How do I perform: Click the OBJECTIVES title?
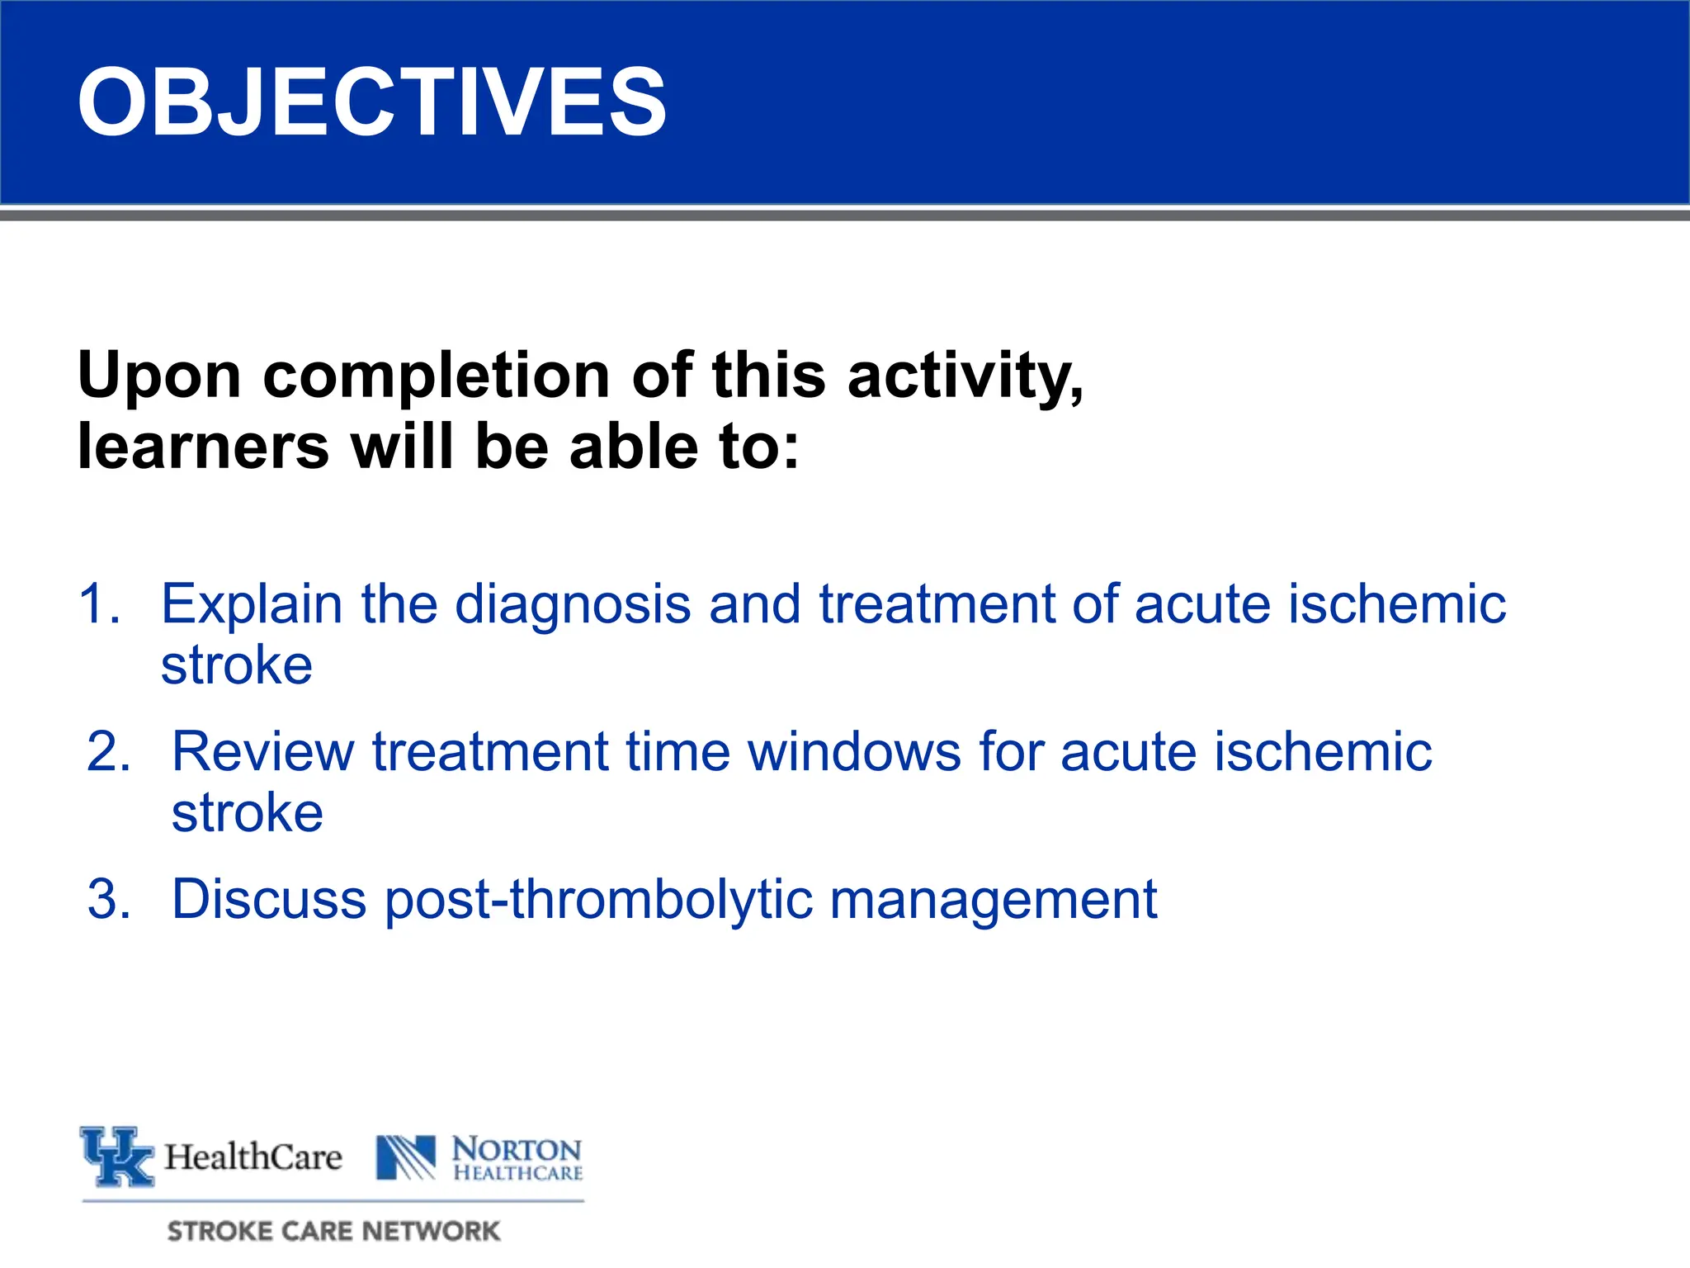(x=371, y=102)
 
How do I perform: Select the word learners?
(x=203, y=447)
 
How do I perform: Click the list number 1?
(x=99, y=603)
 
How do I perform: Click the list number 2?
(x=108, y=752)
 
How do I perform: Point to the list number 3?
(x=108, y=899)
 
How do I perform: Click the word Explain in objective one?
(x=251, y=605)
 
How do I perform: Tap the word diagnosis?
(x=573, y=603)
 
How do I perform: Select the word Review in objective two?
(x=262, y=752)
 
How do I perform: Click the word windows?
(x=854, y=752)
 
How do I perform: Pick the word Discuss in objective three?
(x=268, y=899)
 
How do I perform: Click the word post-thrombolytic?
(x=598, y=901)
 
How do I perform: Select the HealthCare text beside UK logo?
(x=253, y=1157)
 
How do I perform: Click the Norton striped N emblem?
(x=405, y=1157)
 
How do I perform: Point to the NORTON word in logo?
(x=517, y=1149)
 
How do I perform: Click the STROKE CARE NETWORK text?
(x=333, y=1231)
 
